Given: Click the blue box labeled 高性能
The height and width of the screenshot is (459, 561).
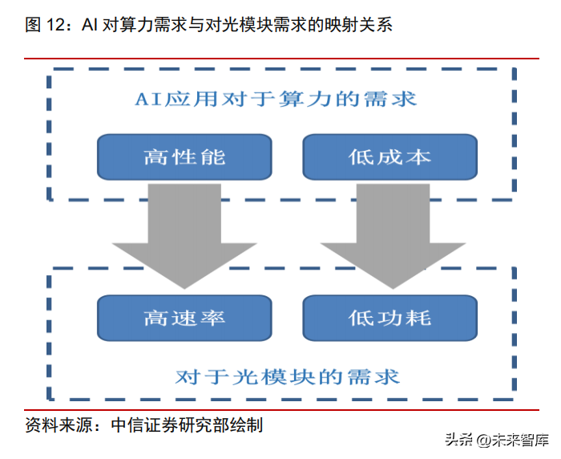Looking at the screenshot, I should [185, 157].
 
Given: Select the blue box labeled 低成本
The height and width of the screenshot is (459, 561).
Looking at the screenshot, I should [390, 157].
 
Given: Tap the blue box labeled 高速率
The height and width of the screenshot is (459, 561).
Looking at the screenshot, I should [185, 318].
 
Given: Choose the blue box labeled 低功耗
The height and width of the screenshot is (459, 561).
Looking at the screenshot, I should [390, 318].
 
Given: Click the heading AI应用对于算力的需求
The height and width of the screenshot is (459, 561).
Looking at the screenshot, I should [275, 100].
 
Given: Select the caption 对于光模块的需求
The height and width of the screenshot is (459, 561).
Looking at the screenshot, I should [286, 376].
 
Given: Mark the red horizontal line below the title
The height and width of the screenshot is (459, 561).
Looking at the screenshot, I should [280, 58].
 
